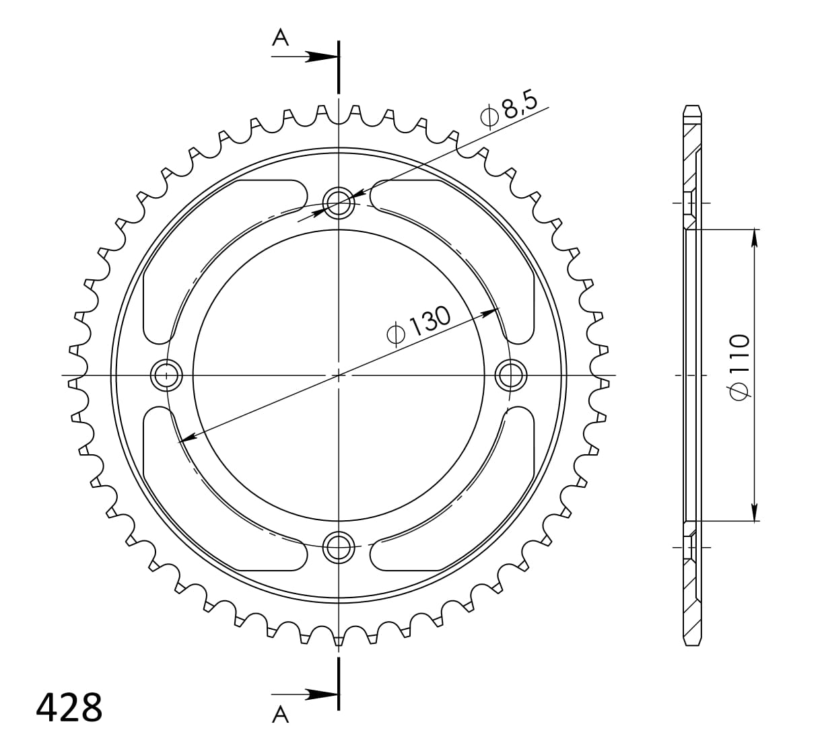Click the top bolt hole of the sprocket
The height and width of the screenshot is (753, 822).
point(339,203)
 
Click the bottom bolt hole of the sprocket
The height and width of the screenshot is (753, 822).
point(339,547)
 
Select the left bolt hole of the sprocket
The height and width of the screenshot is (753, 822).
point(166,375)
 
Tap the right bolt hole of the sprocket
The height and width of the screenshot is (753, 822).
point(511,375)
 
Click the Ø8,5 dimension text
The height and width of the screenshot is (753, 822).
point(509,112)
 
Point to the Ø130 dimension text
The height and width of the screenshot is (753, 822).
point(419,328)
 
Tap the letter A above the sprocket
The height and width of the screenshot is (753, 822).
point(281,38)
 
